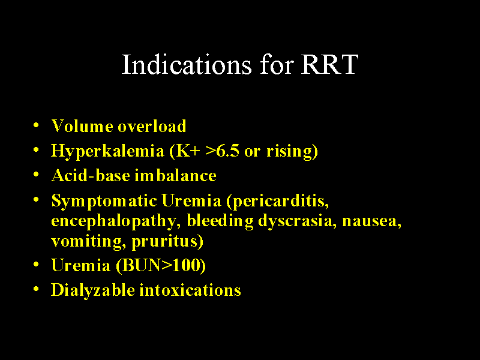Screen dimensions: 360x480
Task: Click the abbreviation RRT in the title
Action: pos(330,65)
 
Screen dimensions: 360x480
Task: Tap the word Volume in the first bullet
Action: pos(82,126)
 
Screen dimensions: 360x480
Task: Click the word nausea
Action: pos(371,221)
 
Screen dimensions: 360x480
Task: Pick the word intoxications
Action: pos(190,290)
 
